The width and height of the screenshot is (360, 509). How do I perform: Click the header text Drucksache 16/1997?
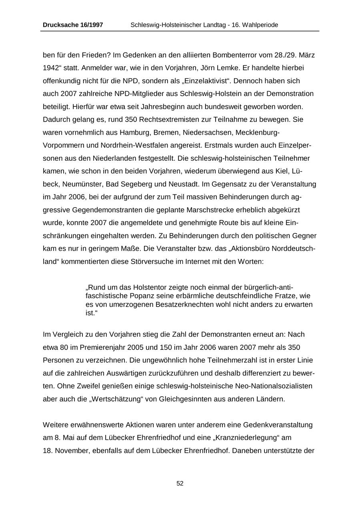pos(73,25)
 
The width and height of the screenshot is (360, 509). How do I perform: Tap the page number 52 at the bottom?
pos(180,483)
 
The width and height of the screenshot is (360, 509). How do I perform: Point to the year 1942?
pos(50,68)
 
